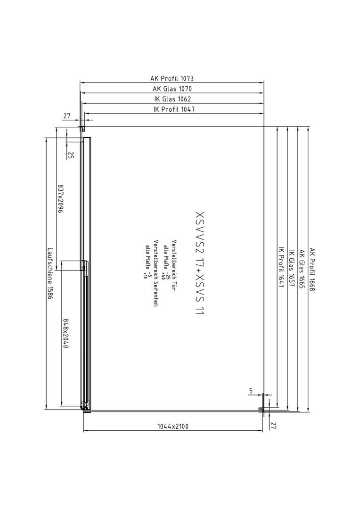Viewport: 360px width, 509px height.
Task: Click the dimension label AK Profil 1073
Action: tap(172, 78)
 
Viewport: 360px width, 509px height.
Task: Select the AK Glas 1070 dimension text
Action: tap(172, 89)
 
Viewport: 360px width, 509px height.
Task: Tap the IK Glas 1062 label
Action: tap(172, 99)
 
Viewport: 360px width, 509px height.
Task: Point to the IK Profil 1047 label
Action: tap(174, 109)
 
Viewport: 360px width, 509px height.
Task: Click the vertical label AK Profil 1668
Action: tap(312, 270)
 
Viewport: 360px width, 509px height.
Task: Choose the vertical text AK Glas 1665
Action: tap(302, 269)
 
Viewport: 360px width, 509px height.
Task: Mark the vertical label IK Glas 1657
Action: tap(291, 269)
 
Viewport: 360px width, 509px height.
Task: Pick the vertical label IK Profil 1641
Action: tap(281, 268)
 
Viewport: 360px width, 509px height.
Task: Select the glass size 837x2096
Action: tap(60, 198)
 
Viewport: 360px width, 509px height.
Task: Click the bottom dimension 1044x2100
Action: tap(173, 426)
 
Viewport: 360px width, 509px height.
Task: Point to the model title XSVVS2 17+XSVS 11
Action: tap(200, 263)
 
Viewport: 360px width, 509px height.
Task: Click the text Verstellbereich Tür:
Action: tap(174, 266)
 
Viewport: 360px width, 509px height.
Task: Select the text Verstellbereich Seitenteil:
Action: tap(156, 273)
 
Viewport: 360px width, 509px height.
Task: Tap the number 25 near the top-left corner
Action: tap(71, 156)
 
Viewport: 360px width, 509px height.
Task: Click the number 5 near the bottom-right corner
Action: tap(251, 392)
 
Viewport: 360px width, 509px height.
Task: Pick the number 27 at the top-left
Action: tap(66, 115)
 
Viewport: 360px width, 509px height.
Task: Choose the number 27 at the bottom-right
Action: tap(273, 426)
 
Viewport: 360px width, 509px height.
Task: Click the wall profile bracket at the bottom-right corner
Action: tap(261, 409)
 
